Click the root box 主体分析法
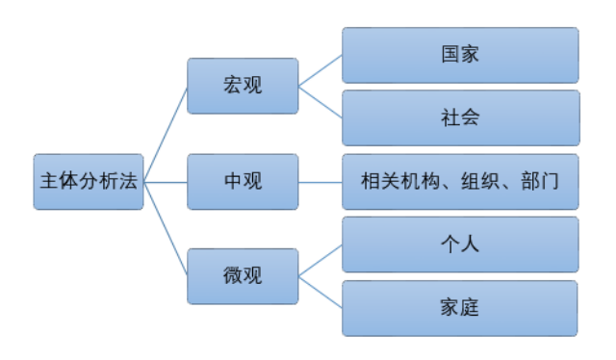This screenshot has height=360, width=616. tap(88, 181)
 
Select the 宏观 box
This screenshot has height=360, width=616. tap(242, 86)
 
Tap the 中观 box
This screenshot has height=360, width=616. tap(242, 181)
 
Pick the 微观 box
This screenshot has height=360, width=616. tap(242, 275)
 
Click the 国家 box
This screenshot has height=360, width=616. tap(460, 55)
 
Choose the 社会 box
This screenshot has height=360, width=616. tap(460, 117)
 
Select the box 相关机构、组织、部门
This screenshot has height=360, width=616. tap(460, 181)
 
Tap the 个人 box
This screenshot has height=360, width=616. tap(460, 244)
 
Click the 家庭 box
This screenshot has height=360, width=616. tap(460, 308)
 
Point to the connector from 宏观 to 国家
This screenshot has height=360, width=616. tap(320, 70)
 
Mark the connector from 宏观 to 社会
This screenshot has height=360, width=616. tap(320, 102)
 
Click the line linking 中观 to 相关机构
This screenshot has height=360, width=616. tap(320, 181)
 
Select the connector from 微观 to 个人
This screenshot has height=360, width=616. tap(320, 260)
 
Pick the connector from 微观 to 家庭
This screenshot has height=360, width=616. tap(320, 292)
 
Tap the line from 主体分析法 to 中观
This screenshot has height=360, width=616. tap(165, 181)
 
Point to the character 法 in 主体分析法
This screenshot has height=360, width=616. tap(129, 181)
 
